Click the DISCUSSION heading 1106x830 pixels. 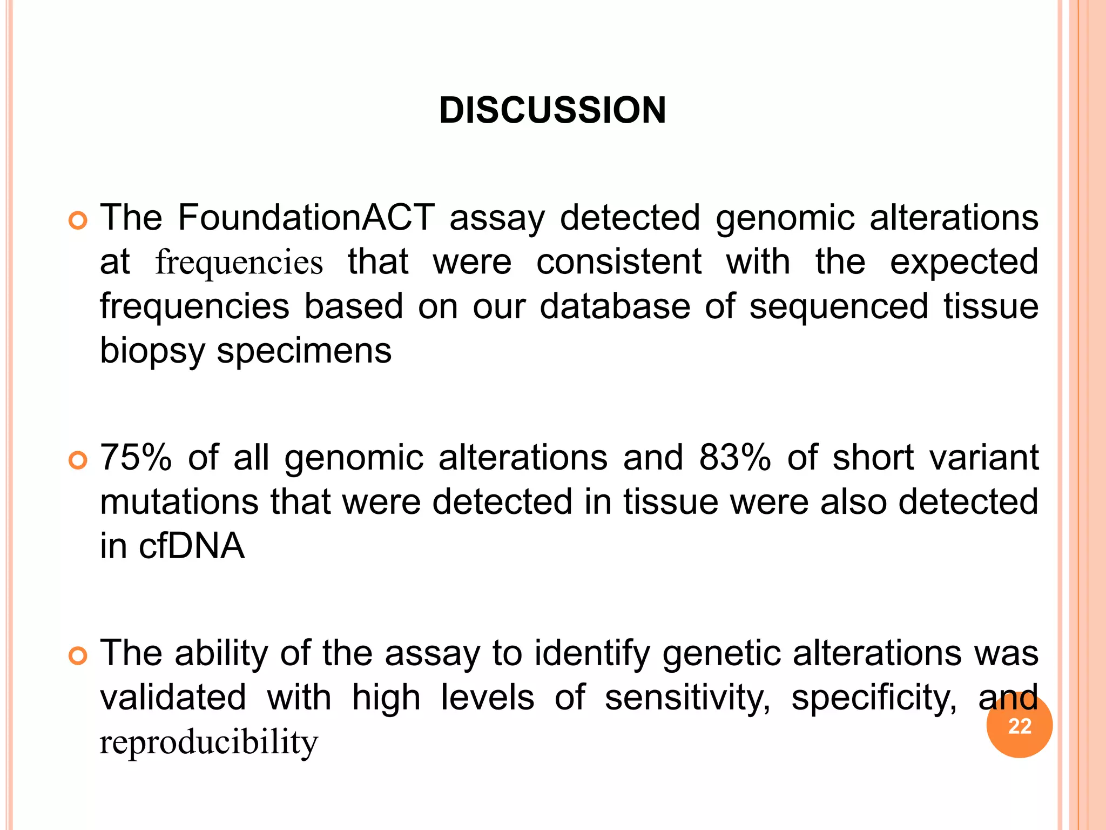[552, 110]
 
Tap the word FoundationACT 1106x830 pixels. [306, 218]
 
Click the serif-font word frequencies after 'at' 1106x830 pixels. [239, 263]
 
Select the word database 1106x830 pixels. [615, 306]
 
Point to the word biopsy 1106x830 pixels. [152, 352]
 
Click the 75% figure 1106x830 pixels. [136, 458]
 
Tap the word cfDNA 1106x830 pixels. [192, 546]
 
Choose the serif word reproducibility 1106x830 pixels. [209, 743]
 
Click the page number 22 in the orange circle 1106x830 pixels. [1019, 726]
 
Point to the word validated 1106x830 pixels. [173, 698]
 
